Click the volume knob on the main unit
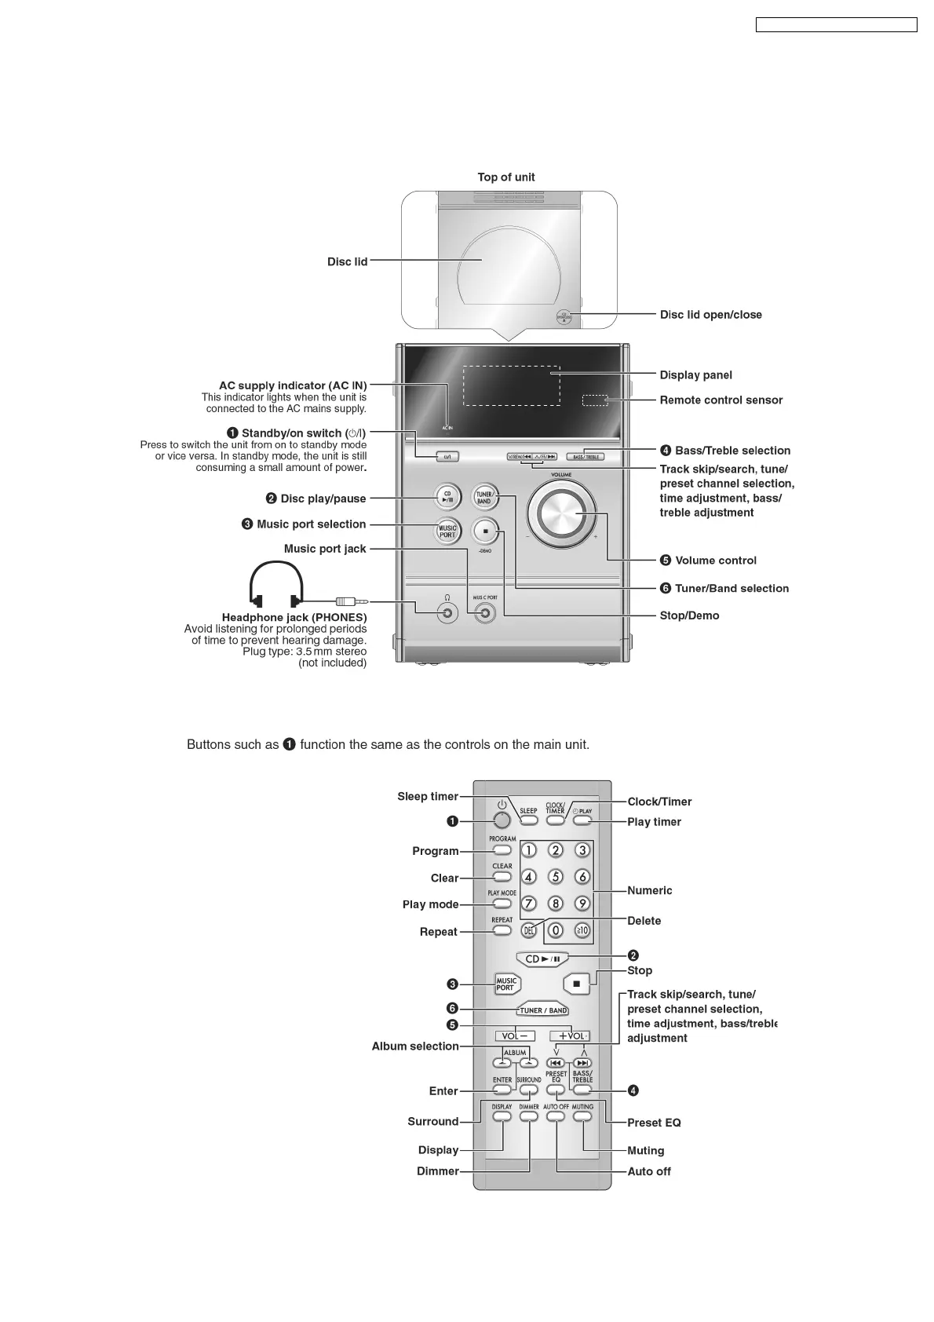click(561, 515)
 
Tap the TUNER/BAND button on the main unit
click(484, 497)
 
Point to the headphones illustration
click(275, 585)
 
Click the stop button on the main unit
click(485, 531)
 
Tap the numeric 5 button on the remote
click(556, 877)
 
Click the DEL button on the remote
click(529, 930)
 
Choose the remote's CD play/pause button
click(542, 959)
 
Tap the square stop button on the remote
click(577, 984)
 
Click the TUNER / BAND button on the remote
click(543, 1010)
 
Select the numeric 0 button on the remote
click(556, 930)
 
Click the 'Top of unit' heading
click(506, 177)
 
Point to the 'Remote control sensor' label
click(721, 400)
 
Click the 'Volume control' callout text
click(715, 561)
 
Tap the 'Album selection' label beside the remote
click(415, 1046)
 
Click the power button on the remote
click(502, 820)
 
